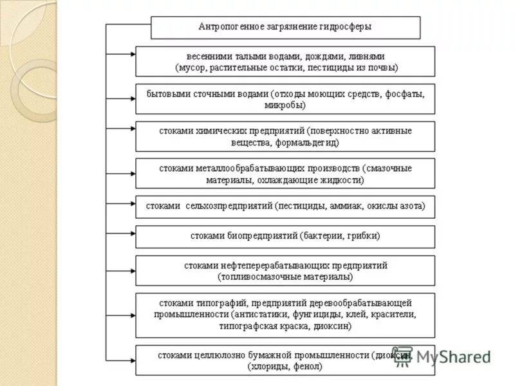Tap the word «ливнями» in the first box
[x=370, y=56]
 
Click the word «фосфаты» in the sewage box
[x=405, y=94]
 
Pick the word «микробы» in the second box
[x=285, y=104]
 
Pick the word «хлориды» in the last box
[x=270, y=366]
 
